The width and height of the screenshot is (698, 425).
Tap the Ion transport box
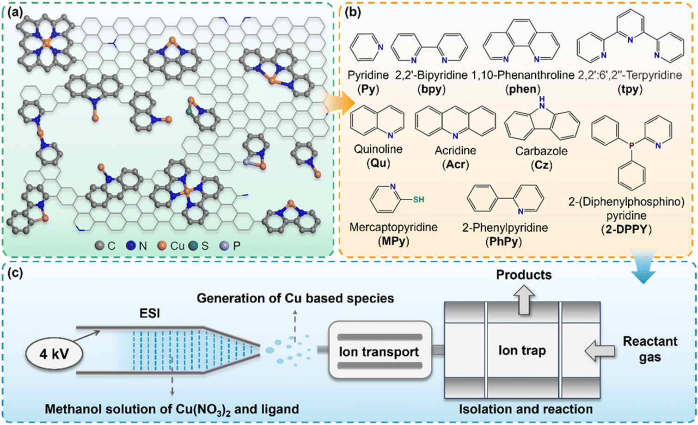coord(380,351)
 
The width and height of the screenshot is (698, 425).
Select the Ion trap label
coord(522,351)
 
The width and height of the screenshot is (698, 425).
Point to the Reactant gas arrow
coord(600,351)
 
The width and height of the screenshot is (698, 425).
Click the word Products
coord(524,275)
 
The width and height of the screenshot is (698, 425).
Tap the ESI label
coord(150,314)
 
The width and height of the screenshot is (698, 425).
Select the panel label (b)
coord(353,12)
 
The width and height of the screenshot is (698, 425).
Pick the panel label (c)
coord(15,273)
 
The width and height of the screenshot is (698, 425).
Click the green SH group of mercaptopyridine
coord(418,200)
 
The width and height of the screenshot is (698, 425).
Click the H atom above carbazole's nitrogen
coord(542,99)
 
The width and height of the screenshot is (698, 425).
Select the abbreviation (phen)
coord(522,90)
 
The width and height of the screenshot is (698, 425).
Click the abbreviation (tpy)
coord(630,90)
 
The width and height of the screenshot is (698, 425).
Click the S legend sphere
coord(194,246)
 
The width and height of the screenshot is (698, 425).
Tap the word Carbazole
coord(541,151)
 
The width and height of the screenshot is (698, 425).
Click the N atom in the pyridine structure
coord(380,47)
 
